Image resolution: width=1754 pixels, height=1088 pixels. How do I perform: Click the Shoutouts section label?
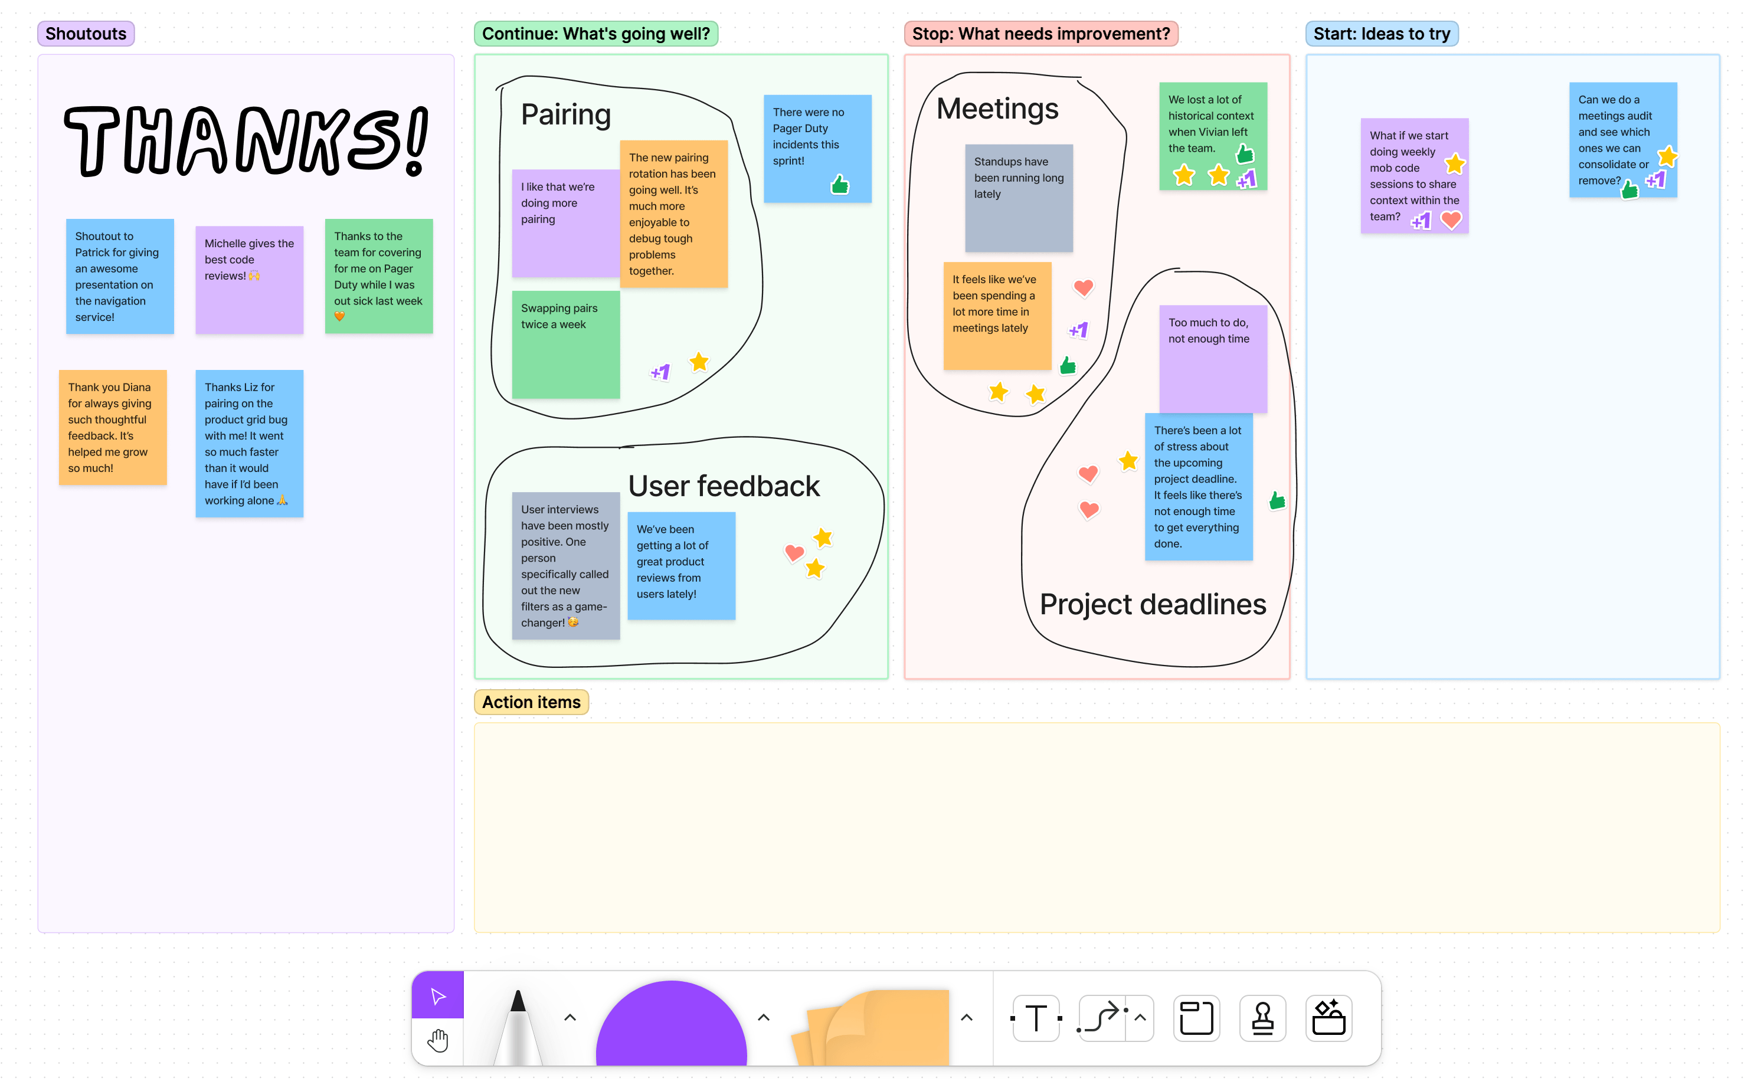[x=86, y=34]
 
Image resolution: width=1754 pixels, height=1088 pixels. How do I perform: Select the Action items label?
[x=531, y=702]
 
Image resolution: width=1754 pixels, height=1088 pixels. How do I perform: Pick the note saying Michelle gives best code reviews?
[x=250, y=280]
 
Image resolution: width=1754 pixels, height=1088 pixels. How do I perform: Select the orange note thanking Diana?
[x=113, y=427]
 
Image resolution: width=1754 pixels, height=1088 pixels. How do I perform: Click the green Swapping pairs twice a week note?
[x=566, y=345]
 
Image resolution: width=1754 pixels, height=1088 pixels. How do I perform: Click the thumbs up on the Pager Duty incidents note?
[x=840, y=185]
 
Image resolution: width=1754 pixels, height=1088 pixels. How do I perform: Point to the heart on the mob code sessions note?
[x=1451, y=220]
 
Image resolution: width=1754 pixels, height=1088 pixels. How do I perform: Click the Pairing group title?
[x=566, y=114]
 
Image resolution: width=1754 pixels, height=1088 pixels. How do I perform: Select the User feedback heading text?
[x=724, y=486]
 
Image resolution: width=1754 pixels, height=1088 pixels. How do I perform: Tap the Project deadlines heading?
[x=1152, y=604]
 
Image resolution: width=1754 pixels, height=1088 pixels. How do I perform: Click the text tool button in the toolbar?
[x=1036, y=1018]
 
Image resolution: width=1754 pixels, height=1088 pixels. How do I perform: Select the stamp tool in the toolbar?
[x=1262, y=1018]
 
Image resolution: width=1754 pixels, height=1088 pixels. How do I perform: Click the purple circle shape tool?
[x=671, y=1023]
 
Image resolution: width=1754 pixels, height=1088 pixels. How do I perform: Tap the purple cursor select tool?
[x=437, y=995]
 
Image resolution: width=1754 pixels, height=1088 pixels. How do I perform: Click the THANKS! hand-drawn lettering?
[x=246, y=140]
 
